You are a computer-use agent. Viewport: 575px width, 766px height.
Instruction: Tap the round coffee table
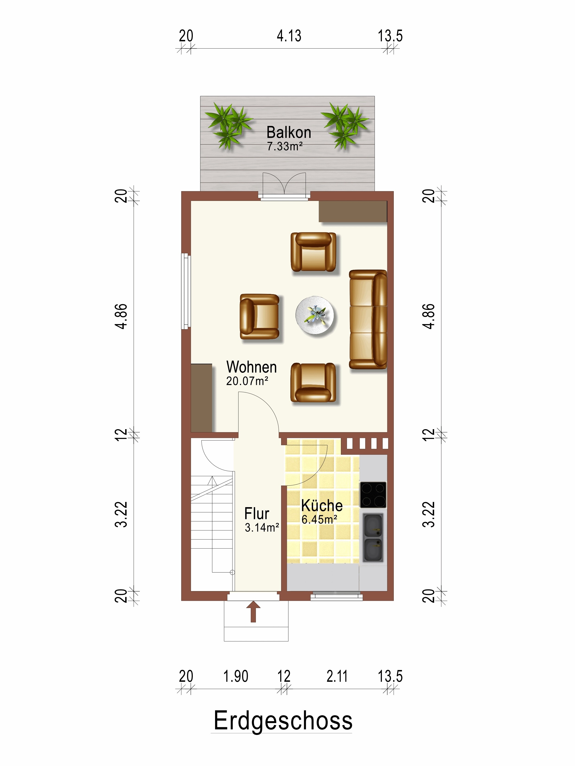[x=315, y=315]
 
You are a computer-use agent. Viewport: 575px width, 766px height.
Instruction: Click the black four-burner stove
[x=373, y=495]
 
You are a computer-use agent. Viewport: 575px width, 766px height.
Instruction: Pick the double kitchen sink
[x=373, y=537]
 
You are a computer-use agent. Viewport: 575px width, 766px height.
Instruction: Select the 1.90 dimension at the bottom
[x=236, y=676]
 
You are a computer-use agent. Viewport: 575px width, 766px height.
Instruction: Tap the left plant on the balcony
[x=228, y=125]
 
